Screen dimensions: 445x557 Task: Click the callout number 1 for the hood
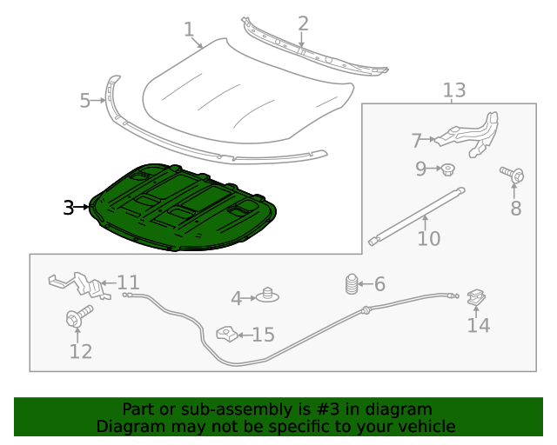(x=189, y=30)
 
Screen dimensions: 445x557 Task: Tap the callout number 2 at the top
(x=303, y=23)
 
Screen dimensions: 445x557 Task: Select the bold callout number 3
(x=69, y=208)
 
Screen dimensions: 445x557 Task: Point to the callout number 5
(x=84, y=101)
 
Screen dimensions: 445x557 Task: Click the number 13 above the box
(x=454, y=90)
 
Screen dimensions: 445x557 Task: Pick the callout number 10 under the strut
(x=429, y=238)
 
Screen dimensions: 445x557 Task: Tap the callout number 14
(x=479, y=325)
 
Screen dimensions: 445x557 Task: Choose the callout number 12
(x=80, y=351)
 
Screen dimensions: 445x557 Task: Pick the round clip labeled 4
(x=269, y=296)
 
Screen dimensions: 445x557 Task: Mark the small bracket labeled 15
(x=225, y=334)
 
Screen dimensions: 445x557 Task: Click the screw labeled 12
(x=77, y=316)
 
